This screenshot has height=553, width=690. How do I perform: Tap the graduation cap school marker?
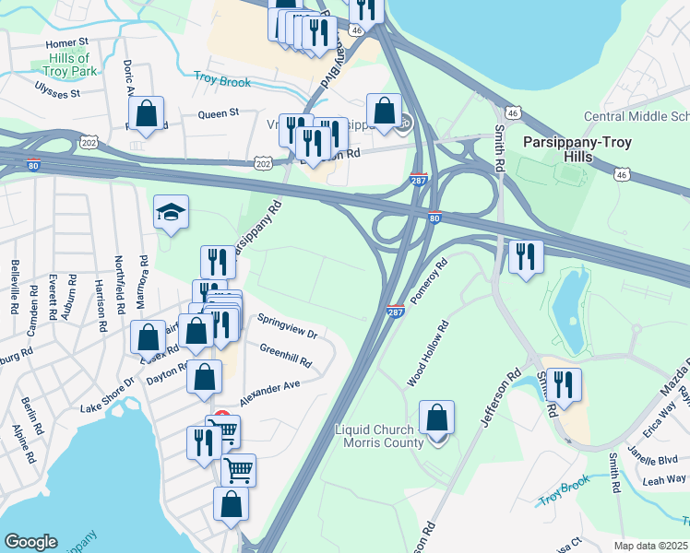tap(171, 213)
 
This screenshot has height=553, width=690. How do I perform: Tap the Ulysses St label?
tap(57, 93)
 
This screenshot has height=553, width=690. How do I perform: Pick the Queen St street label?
tap(219, 113)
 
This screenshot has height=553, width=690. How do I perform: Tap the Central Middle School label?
tap(636, 117)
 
